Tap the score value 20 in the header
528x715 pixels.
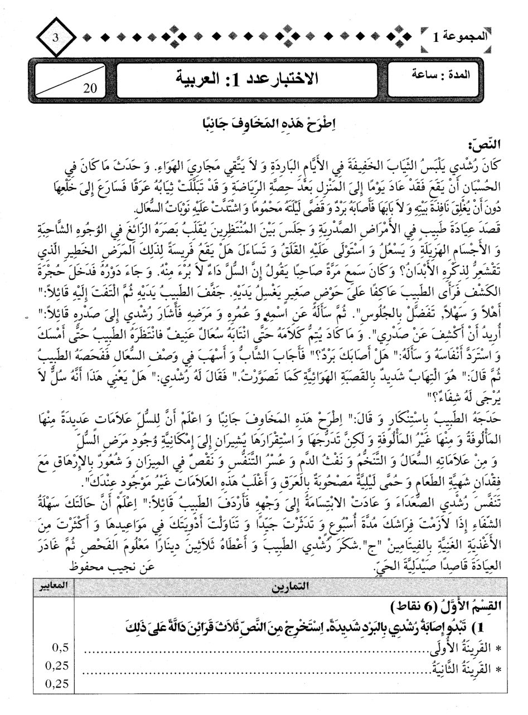[90, 87]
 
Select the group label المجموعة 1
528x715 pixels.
[459, 37]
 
